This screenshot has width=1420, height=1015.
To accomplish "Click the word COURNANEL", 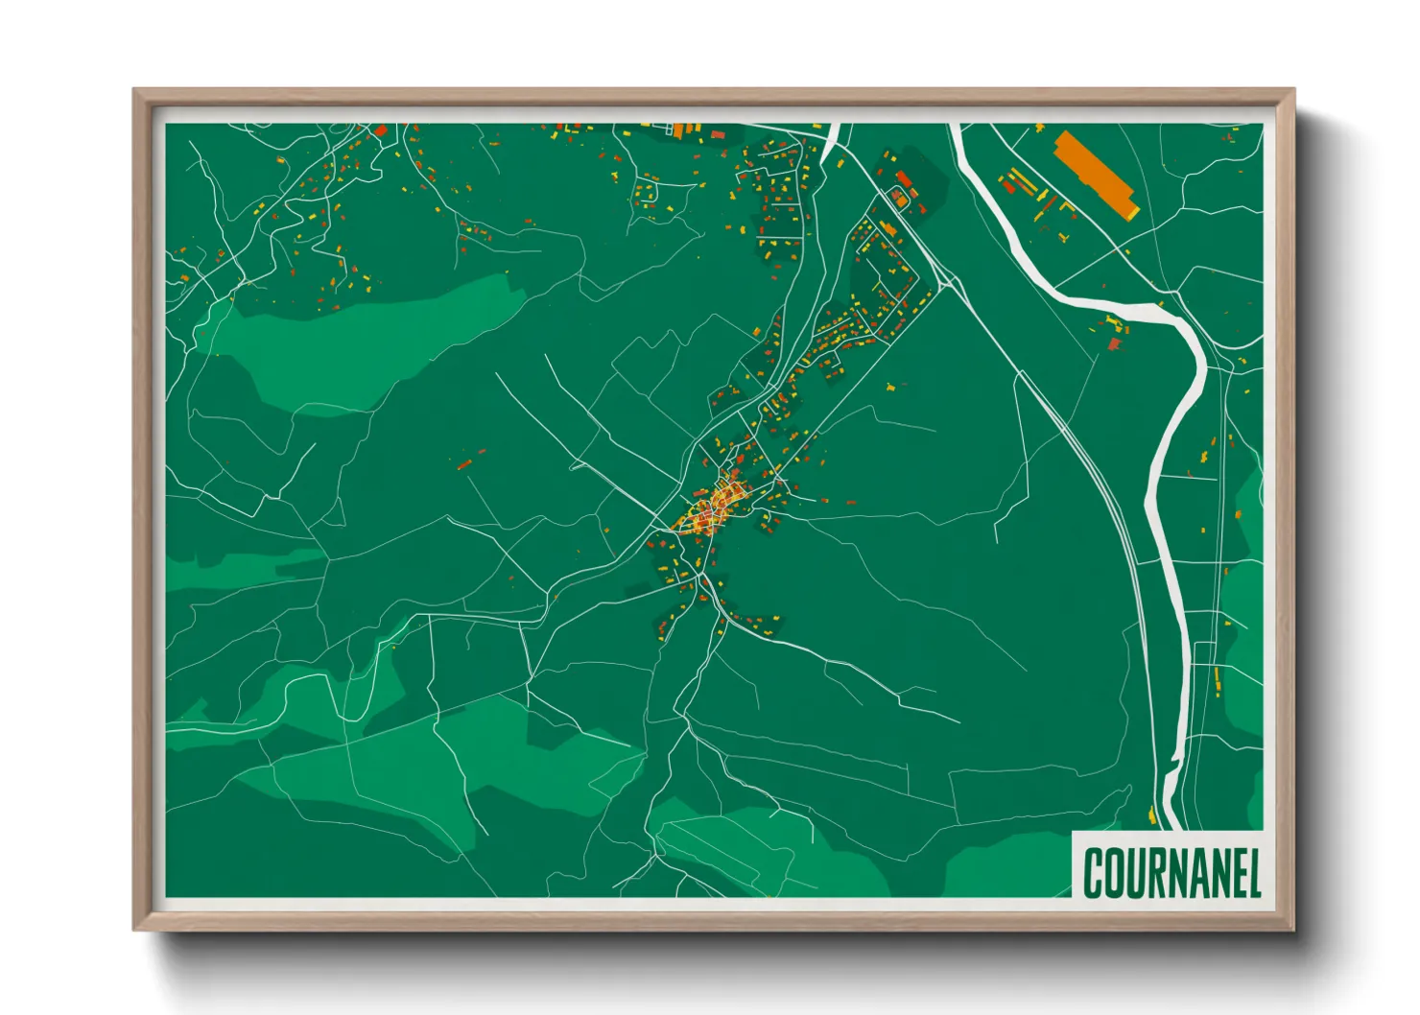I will pyautogui.click(x=1171, y=872).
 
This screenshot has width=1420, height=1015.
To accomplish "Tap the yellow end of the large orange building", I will pyautogui.click(x=1132, y=210).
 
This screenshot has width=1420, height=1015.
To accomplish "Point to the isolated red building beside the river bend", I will pyautogui.click(x=1114, y=343).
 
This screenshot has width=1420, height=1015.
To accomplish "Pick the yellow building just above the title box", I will pyautogui.click(x=1151, y=815).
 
